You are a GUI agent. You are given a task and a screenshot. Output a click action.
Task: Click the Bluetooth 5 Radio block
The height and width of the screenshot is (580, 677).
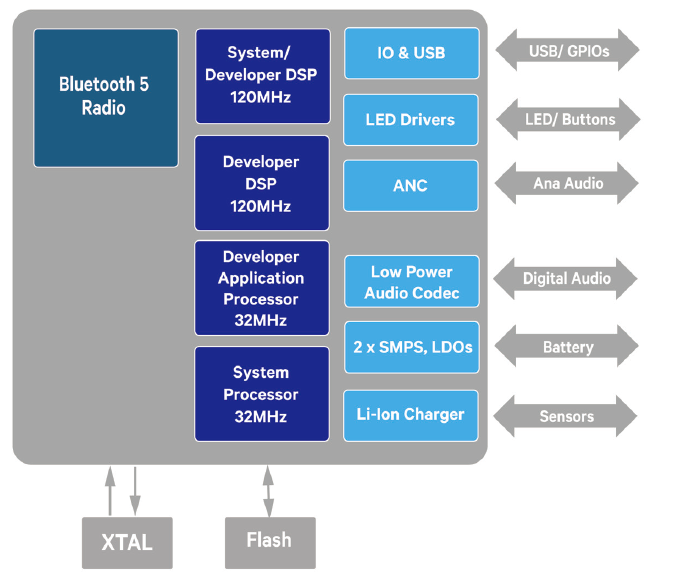pyautogui.click(x=106, y=97)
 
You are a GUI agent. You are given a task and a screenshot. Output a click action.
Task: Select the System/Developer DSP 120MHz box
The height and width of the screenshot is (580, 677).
pyautogui.click(x=262, y=75)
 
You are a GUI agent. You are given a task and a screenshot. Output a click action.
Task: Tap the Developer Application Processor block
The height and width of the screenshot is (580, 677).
pyautogui.click(x=262, y=287)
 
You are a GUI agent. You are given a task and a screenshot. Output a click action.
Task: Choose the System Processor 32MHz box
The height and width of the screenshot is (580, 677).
pyautogui.click(x=262, y=394)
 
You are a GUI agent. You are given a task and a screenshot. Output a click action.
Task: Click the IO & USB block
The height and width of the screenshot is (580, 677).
pyautogui.click(x=411, y=53)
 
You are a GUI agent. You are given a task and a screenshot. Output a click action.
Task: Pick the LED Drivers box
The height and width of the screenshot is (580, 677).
pyautogui.click(x=411, y=120)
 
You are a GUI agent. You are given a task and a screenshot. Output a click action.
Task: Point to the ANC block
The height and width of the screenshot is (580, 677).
pyautogui.click(x=411, y=186)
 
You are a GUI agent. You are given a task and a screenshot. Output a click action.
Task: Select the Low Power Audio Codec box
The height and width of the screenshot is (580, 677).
pyautogui.click(x=411, y=282)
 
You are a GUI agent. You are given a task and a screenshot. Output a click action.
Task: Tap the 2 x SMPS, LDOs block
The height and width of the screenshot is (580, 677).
pyautogui.click(x=411, y=347)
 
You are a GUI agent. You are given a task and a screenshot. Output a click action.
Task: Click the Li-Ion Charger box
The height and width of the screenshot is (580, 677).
pyautogui.click(x=411, y=413)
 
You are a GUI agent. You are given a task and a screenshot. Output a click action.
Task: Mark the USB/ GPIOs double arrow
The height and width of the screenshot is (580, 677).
pyautogui.click(x=567, y=50)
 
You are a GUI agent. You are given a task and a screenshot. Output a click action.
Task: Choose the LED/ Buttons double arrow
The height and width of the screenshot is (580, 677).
pyautogui.click(x=567, y=120)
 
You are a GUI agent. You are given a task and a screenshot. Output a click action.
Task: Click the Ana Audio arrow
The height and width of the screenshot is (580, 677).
pyautogui.click(x=567, y=184)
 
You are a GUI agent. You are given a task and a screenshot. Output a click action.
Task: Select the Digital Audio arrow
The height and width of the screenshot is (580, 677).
pyautogui.click(x=567, y=279)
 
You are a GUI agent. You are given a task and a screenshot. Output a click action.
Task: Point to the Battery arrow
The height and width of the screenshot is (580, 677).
pyautogui.click(x=567, y=347)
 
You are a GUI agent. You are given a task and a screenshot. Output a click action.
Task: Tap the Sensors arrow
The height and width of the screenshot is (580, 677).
pyautogui.click(x=567, y=416)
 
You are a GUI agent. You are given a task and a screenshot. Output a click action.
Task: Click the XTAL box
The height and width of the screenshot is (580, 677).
pyautogui.click(x=127, y=543)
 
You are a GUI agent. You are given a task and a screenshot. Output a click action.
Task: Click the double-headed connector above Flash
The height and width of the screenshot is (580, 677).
pyautogui.click(x=268, y=490)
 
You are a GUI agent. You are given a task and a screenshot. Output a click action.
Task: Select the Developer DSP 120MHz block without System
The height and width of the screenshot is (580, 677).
pyautogui.click(x=262, y=184)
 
